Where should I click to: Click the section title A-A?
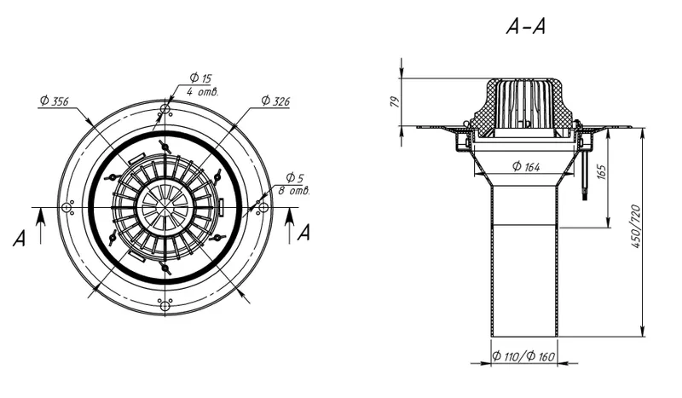[525, 26]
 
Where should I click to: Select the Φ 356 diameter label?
[55, 101]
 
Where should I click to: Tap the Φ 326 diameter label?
[275, 101]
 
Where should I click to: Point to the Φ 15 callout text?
[200, 78]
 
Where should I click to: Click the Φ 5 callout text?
[295, 177]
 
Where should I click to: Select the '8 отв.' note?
[293, 191]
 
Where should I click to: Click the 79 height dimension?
[394, 101]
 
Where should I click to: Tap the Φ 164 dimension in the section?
[526, 166]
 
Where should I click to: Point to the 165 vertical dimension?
[601, 173]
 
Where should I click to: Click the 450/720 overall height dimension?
[636, 226]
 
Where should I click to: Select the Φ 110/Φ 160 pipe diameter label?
[523, 357]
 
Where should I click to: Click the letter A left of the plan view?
[19, 239]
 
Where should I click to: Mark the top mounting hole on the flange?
[165, 109]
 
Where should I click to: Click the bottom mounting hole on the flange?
[165, 306]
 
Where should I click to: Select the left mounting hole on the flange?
[66, 208]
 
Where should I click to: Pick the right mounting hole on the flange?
[263, 208]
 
